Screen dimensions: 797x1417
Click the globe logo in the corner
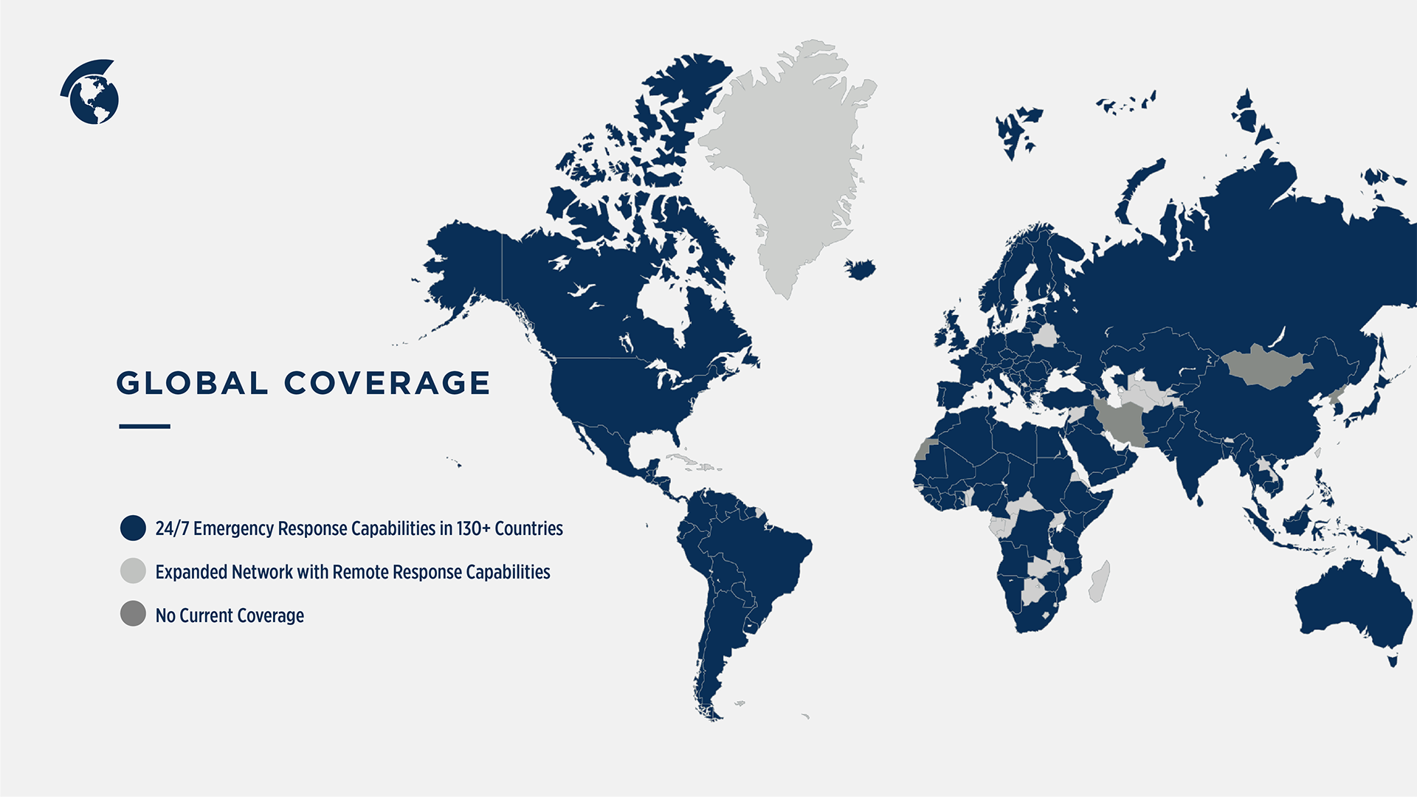[91, 92]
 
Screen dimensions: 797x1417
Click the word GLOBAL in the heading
[191, 383]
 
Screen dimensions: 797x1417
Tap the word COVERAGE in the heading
[387, 383]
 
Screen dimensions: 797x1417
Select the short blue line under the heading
[145, 426]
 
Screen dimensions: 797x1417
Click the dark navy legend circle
[133, 528]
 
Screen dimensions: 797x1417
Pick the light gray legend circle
[133, 571]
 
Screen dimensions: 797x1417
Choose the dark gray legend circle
[133, 614]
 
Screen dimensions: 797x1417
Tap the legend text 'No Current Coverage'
[230, 615]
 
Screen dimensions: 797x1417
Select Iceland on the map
[860, 269]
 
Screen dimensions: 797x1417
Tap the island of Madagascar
[1100, 581]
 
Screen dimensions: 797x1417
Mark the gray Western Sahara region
[924, 449]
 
